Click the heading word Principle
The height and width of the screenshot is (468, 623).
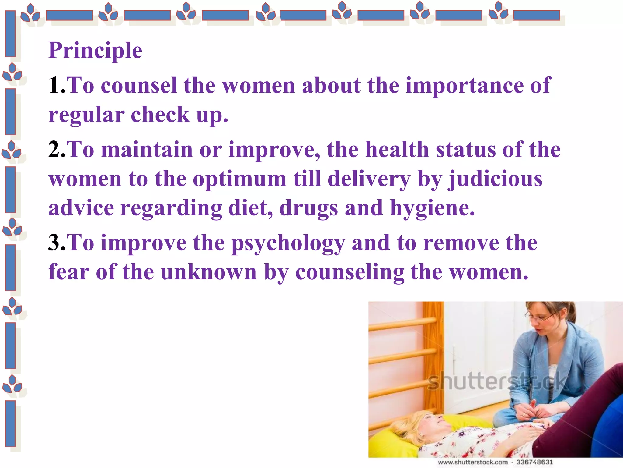coord(95,50)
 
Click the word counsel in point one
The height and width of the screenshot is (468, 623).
coord(139,85)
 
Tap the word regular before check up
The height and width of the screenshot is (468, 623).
coord(86,115)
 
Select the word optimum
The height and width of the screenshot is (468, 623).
coord(240,179)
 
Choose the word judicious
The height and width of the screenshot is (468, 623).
coord(495,179)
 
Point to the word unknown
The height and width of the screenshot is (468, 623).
coord(209,272)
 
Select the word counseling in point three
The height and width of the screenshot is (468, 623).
coord(350,272)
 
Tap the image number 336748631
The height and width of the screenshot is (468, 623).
coord(534,462)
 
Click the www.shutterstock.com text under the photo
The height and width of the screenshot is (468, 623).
coord(473,462)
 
